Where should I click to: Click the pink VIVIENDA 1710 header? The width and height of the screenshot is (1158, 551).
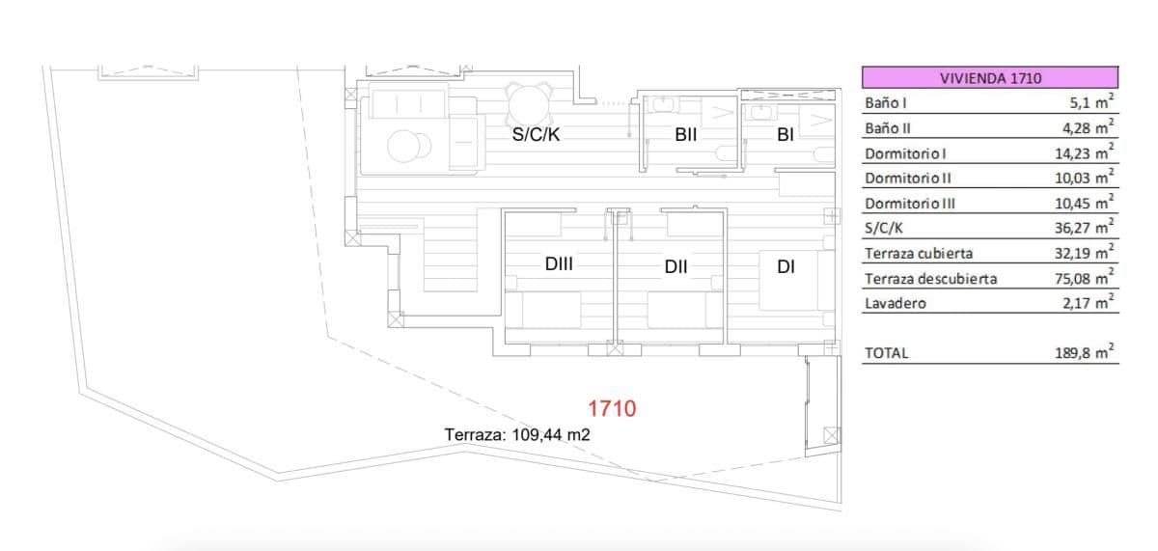point(990,78)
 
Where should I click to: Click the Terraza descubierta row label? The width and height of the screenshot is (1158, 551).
point(930,279)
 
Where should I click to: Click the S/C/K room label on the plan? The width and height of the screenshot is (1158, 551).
point(536,135)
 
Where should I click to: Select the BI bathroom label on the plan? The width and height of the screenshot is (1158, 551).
point(785,135)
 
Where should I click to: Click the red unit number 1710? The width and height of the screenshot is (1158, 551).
point(612,409)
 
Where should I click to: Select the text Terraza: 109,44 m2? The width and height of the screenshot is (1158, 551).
point(517,435)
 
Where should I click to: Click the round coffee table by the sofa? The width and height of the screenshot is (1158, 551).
point(406,146)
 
